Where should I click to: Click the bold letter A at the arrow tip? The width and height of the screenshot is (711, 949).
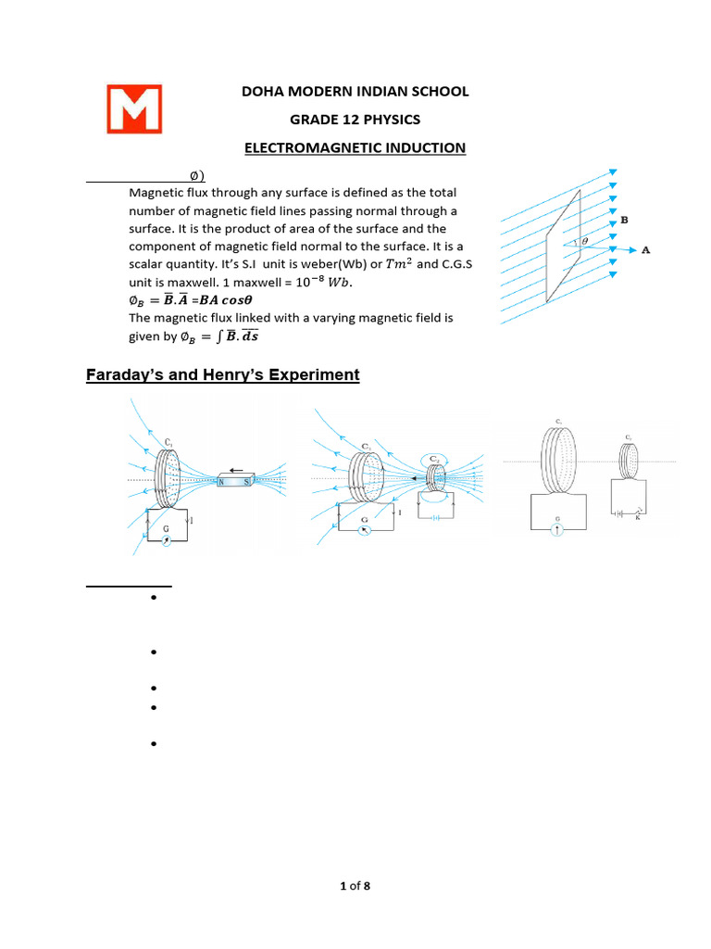(x=645, y=249)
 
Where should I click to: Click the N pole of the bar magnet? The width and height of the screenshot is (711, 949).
(x=220, y=482)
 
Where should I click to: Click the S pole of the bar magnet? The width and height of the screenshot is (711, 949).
(x=246, y=482)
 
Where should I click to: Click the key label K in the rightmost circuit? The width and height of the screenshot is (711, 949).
(x=638, y=518)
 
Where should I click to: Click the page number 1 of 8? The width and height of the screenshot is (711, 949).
(x=355, y=887)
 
